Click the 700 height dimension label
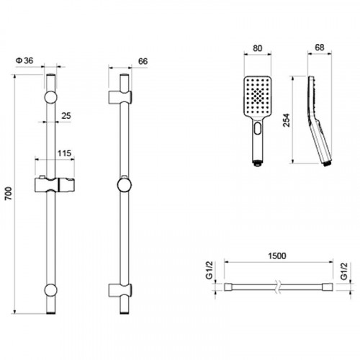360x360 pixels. [x=8, y=194]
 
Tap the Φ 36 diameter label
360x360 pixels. [x=24, y=60]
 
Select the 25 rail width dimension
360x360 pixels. [x=66, y=116]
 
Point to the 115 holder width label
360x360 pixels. [x=64, y=153]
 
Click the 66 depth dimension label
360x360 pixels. [x=143, y=61]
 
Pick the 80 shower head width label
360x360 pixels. [x=257, y=48]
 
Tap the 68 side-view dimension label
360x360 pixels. [x=319, y=48]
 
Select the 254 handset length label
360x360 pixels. [x=287, y=120]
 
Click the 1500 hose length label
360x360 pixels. [x=277, y=256]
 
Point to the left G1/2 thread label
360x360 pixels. [x=210, y=271]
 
